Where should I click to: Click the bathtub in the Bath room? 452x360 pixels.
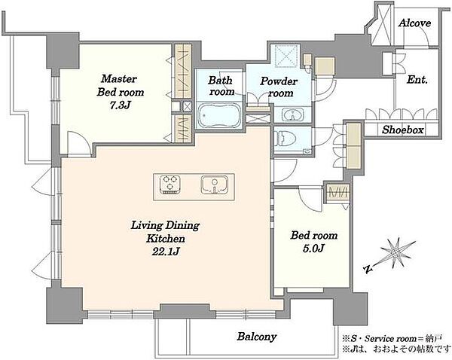(219, 115)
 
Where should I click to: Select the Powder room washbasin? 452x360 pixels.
(293, 114)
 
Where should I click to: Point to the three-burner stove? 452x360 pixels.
(169, 185)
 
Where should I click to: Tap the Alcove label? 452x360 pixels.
(414, 23)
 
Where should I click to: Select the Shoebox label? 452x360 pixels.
(403, 130)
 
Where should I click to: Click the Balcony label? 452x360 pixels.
(257, 337)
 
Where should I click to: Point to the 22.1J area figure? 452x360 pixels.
(166, 252)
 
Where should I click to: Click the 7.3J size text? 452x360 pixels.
(121, 105)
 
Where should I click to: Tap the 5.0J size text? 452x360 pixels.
(313, 248)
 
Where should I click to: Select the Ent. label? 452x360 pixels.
(417, 79)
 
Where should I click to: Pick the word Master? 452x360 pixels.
(119, 78)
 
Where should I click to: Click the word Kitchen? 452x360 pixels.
(166, 238)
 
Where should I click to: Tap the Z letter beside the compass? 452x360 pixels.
(368, 269)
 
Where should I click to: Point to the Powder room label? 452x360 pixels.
(279, 87)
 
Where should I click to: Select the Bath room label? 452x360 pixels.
(221, 86)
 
